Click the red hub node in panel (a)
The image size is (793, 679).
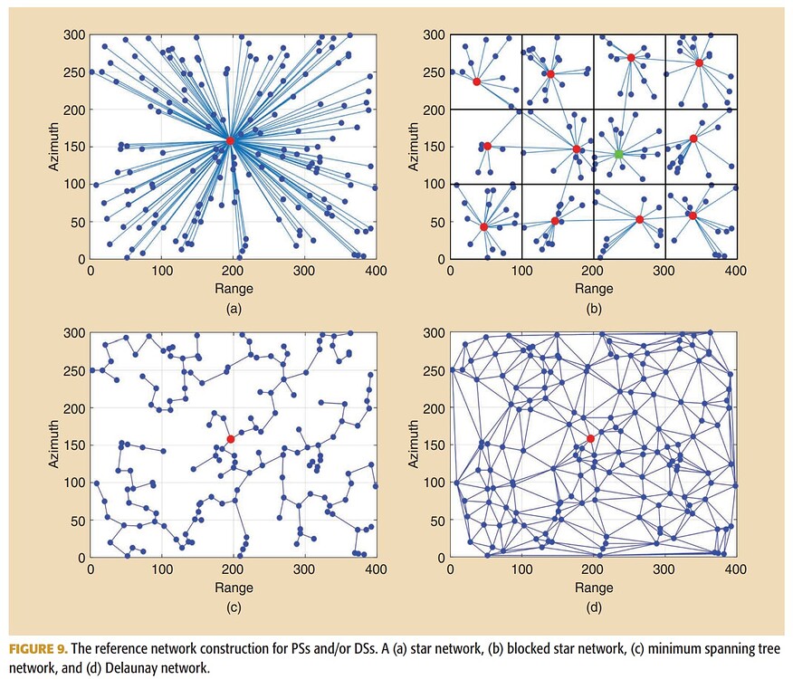pyautogui.click(x=231, y=141)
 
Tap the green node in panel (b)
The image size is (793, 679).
pyautogui.click(x=619, y=154)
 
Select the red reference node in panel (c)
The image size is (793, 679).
pyautogui.click(x=231, y=439)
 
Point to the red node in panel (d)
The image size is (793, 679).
pyautogui.click(x=591, y=439)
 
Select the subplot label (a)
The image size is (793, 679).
pyautogui.click(x=233, y=309)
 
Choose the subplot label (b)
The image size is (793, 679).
pyautogui.click(x=593, y=309)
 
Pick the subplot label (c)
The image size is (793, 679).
pyautogui.click(x=233, y=607)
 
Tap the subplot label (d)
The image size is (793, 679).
pyautogui.click(x=593, y=607)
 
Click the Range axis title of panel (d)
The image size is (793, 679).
pyautogui.click(x=593, y=588)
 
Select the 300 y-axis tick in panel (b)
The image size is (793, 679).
pyautogui.click(x=435, y=35)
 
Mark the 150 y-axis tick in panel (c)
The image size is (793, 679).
pyautogui.click(x=75, y=445)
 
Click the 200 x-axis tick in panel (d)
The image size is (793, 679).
pyautogui.click(x=593, y=569)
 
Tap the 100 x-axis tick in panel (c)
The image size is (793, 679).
pyautogui.click(x=161, y=569)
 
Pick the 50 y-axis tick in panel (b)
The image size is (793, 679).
pyautogui.click(x=438, y=222)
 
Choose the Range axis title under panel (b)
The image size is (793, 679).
pyautogui.click(x=593, y=289)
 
